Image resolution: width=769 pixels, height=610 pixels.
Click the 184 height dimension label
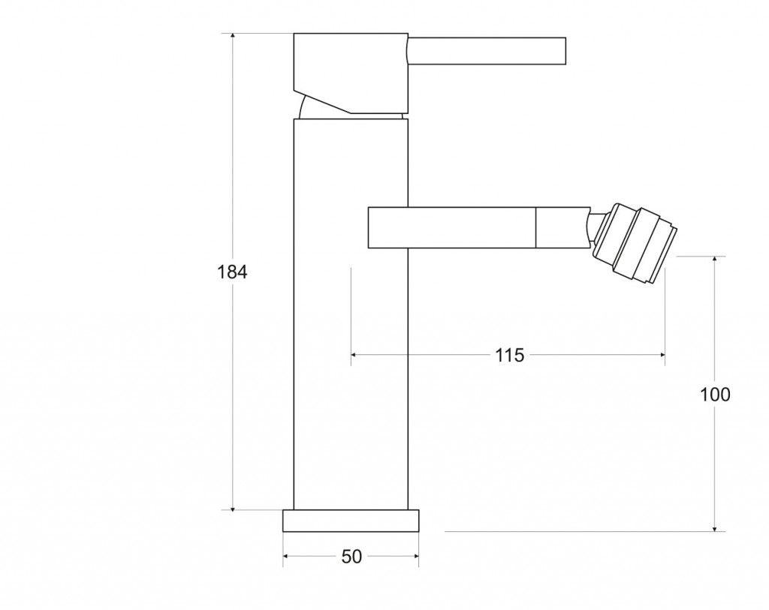coord(233,272)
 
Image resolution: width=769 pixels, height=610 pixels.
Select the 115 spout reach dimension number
coord(510,355)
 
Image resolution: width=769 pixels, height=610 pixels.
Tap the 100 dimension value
coord(715,394)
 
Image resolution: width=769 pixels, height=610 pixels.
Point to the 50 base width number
coord(351,557)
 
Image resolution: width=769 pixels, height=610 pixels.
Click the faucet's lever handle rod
coord(487,50)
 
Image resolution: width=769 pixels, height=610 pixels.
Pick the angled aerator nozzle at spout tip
coord(635,244)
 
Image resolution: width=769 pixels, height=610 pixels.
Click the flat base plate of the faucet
coord(351,521)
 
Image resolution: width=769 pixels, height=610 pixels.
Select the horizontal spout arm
coord(478,227)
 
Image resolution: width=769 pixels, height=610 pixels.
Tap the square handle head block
coord(351,73)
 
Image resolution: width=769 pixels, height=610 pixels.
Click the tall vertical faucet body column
coord(351,314)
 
